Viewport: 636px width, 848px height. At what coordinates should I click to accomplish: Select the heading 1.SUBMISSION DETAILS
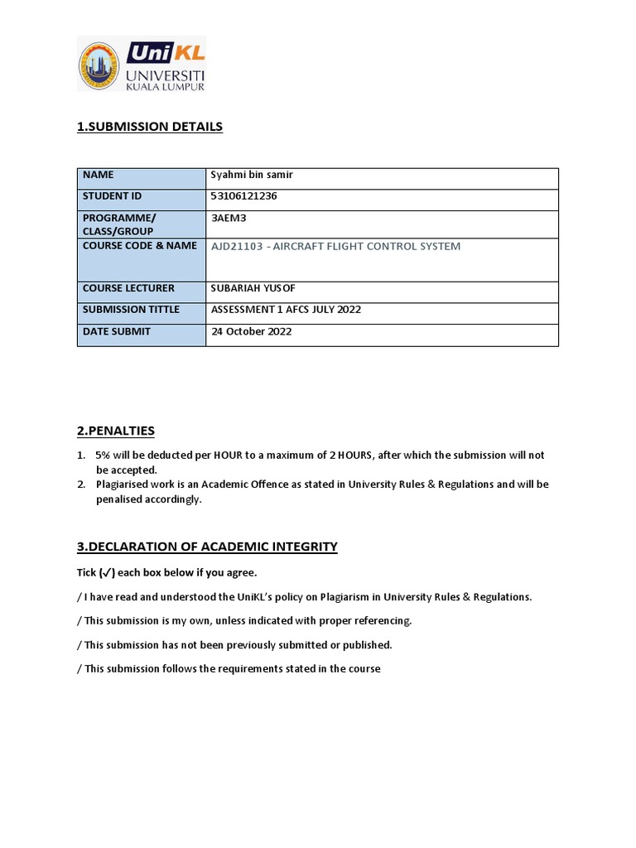pos(149,127)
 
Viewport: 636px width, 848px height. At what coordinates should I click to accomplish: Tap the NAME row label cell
pos(99,175)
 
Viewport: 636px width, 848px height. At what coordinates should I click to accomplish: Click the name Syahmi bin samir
pos(252,175)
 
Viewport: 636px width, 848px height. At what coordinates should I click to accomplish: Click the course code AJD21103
pos(240,246)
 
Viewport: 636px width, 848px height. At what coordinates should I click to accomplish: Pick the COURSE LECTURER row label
pos(128,288)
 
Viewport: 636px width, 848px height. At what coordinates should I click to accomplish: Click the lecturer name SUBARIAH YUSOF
pos(253,288)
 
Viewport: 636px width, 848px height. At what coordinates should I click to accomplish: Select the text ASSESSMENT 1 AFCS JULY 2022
pos(287,310)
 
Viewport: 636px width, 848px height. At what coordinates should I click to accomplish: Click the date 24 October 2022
pos(252,331)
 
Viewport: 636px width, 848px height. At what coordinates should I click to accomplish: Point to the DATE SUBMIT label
pos(116,331)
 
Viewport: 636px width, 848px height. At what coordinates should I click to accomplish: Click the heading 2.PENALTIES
pos(115,431)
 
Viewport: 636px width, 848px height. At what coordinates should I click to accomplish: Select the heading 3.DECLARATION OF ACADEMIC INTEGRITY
pos(207,547)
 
